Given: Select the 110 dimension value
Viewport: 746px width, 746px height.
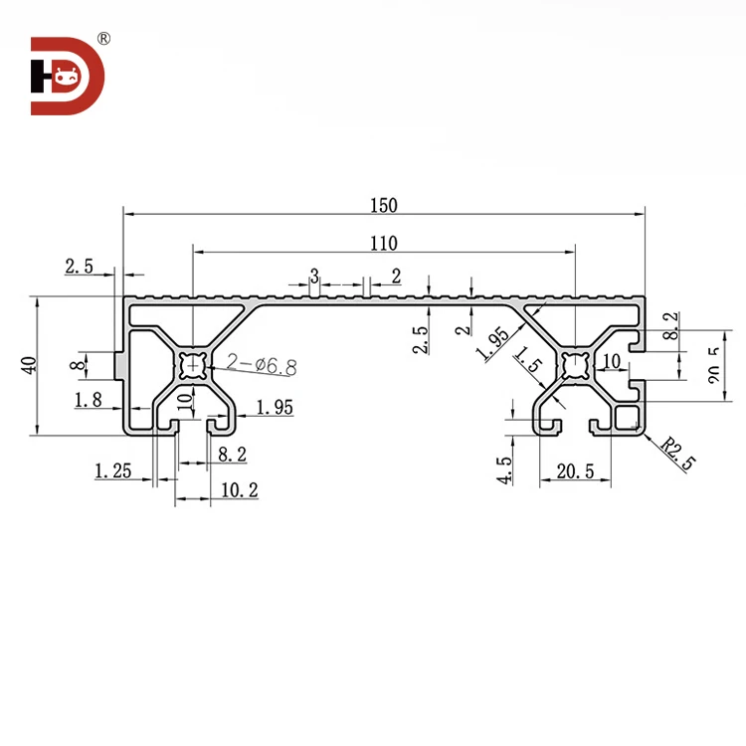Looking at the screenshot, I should coord(383,243).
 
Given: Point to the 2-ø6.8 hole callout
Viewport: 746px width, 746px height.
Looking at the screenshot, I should coord(261,365).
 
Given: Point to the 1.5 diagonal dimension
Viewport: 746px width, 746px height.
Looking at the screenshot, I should coord(527,364).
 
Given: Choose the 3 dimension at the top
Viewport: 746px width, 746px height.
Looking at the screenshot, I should coord(313,275).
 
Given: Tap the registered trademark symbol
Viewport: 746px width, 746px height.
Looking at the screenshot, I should coord(104,39).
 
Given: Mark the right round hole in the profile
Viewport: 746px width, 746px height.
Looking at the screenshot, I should coord(575,365).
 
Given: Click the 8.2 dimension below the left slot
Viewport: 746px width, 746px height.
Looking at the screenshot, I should coord(232,454).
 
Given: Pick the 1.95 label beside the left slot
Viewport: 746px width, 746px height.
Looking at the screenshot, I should coord(274,406).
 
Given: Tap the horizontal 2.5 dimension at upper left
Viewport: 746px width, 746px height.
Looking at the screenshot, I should coord(80,266).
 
